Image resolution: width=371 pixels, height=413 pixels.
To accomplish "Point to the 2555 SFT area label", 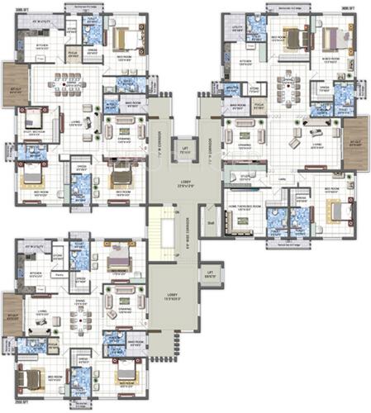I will click(12, 407).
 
